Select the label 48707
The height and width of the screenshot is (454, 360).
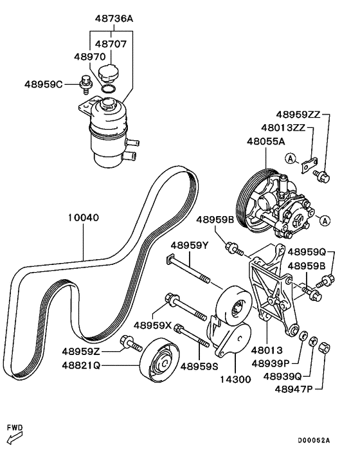coord(111,44)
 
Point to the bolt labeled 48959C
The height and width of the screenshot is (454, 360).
coord(84,83)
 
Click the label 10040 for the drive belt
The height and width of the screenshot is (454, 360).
coord(84,217)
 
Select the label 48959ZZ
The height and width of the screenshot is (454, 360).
coord(296,115)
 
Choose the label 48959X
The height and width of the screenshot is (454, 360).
coord(152,325)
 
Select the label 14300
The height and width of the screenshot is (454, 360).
coord(236,379)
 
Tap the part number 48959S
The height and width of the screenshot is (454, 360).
coord(199,367)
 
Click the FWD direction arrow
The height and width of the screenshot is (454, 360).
coord(13,437)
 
